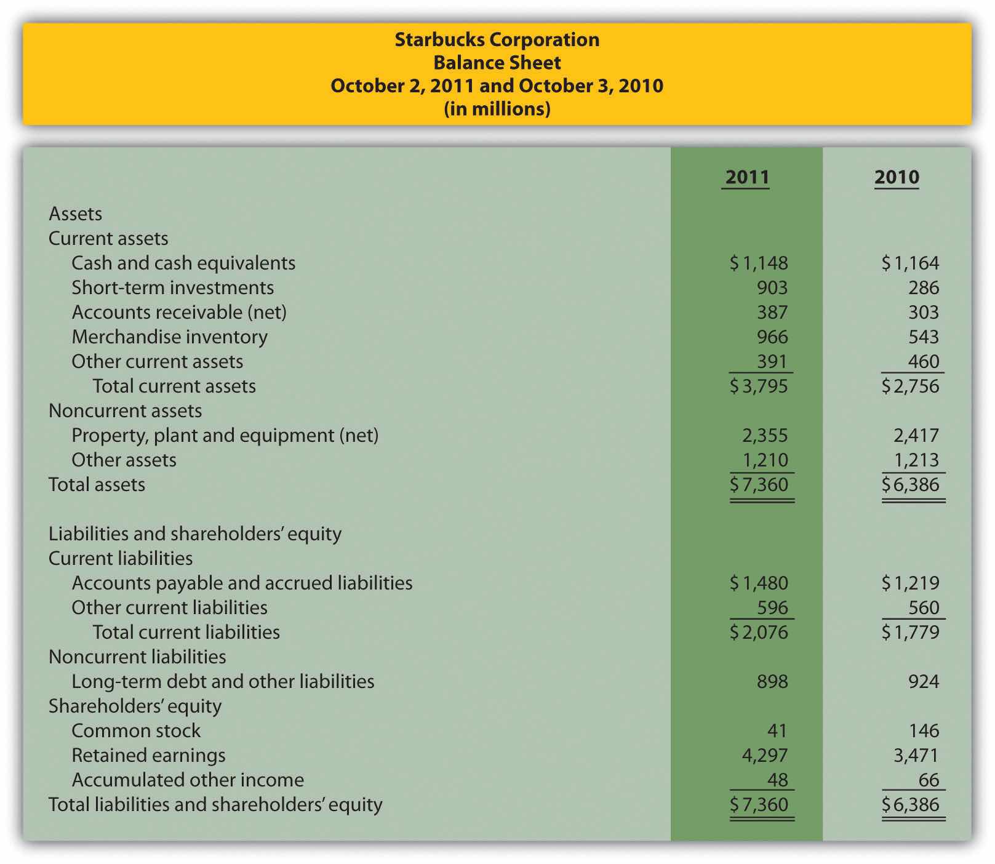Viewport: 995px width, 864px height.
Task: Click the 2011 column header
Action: click(x=746, y=177)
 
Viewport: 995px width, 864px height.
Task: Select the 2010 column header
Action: click(x=897, y=177)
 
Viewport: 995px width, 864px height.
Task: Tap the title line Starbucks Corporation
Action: click(x=497, y=39)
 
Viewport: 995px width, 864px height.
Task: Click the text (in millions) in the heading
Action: click(x=497, y=109)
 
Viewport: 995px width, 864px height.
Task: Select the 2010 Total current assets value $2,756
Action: click(x=911, y=386)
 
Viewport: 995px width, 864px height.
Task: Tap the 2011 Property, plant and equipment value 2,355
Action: click(x=764, y=436)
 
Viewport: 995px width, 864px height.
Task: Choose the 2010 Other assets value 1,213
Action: click(x=916, y=460)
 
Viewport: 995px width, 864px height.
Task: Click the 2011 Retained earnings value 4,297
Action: click(x=764, y=756)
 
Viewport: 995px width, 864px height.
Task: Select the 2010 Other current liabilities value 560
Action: click(x=924, y=608)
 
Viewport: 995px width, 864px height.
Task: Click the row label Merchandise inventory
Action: click(x=169, y=337)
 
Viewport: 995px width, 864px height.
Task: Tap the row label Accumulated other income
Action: click(x=188, y=780)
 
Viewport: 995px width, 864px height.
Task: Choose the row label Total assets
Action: click(x=97, y=485)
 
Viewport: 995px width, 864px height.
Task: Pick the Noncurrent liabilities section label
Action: click(x=137, y=657)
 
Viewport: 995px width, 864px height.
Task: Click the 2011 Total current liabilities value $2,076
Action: click(x=759, y=633)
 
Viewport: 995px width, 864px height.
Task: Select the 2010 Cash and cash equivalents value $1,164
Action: click(x=911, y=263)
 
